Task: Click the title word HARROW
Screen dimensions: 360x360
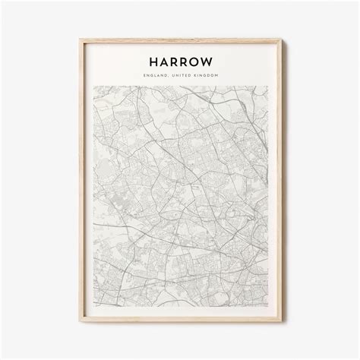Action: click(x=180, y=59)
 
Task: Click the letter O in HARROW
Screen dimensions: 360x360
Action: click(x=194, y=59)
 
